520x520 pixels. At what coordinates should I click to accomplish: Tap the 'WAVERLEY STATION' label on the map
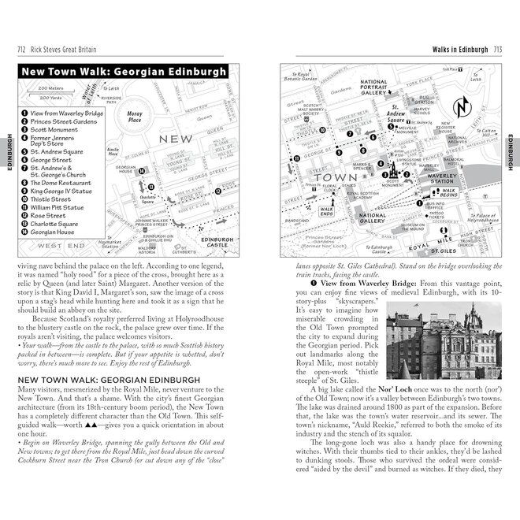pos(447,179)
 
